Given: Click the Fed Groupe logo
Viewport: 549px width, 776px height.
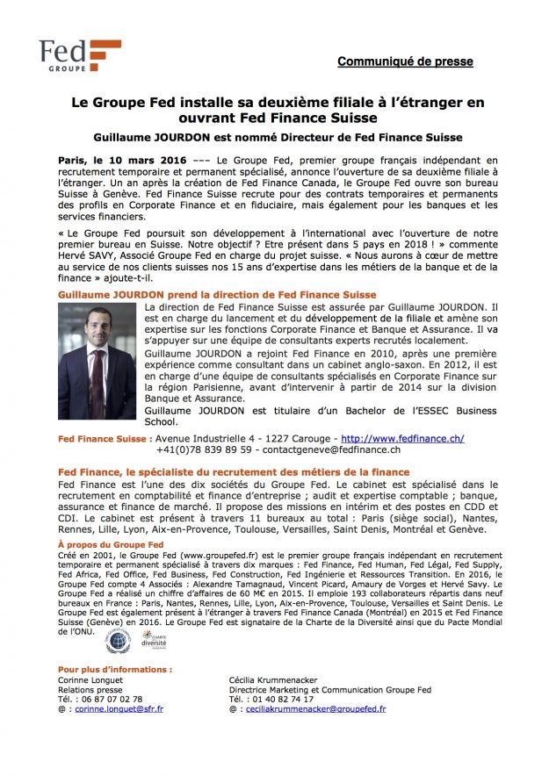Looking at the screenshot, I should pyautogui.click(x=80, y=55).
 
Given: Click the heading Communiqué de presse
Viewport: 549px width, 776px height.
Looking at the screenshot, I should pyautogui.click(x=405, y=61).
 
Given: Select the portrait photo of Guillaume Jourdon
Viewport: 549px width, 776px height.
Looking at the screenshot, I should pyautogui.click(x=97, y=359).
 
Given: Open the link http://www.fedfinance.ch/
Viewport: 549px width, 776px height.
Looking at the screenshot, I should pyautogui.click(x=402, y=438).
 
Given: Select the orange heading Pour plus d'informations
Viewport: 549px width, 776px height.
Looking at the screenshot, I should pyautogui.click(x=115, y=670).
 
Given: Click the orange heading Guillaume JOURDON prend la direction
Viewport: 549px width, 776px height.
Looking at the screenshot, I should pyautogui.click(x=217, y=295).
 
